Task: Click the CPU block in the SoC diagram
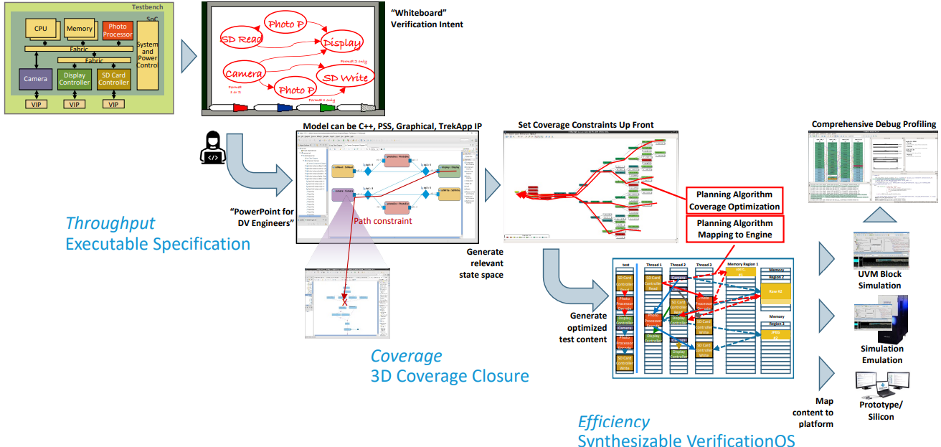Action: point(40,29)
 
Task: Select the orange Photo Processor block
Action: point(118,30)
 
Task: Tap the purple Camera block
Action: point(35,79)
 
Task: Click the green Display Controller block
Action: point(74,79)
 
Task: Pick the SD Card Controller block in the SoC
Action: point(114,79)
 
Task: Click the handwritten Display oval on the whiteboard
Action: point(342,43)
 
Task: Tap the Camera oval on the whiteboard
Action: point(243,73)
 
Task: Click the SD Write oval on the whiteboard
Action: point(345,77)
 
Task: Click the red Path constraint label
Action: point(383,221)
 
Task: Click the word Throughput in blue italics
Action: point(110,223)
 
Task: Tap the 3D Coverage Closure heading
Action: point(450,376)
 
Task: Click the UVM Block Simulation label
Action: point(880,280)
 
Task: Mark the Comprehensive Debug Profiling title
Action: point(874,124)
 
